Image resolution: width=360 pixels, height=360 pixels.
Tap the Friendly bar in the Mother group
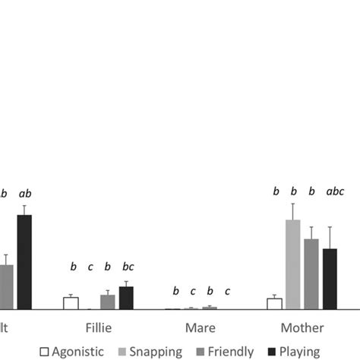click(311, 274)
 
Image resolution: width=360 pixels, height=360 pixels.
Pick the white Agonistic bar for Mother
click(274, 304)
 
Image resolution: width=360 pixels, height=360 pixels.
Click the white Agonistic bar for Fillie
click(71, 303)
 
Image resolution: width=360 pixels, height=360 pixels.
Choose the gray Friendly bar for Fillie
click(108, 302)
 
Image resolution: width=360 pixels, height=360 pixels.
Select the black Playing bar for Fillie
click(126, 298)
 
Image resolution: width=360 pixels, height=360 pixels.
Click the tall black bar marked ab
click(24, 262)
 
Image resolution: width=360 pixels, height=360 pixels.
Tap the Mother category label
click(302, 328)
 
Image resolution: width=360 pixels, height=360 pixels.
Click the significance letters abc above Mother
click(335, 192)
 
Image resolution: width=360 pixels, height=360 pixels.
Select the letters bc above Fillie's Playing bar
click(128, 267)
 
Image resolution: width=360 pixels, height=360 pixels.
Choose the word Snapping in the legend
click(156, 351)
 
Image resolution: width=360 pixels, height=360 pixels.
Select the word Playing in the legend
click(299, 351)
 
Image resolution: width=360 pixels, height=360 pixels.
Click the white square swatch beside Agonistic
click(44, 351)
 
